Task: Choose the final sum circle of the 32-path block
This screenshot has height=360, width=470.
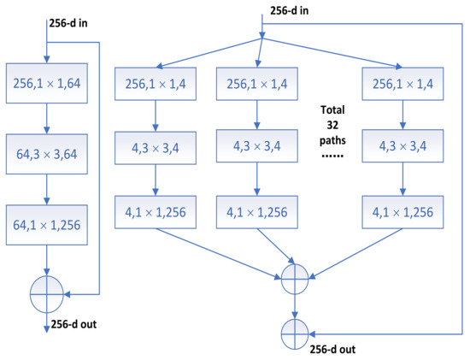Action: click(x=295, y=328)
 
